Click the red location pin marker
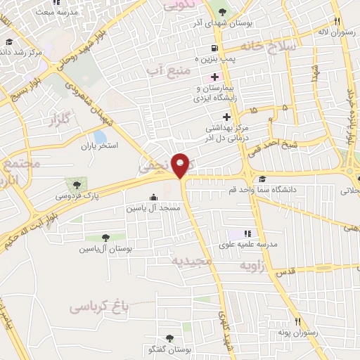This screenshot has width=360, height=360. (x=181, y=163)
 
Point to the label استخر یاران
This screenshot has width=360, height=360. (x=99, y=146)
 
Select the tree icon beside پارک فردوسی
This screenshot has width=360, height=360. (x=77, y=184)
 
